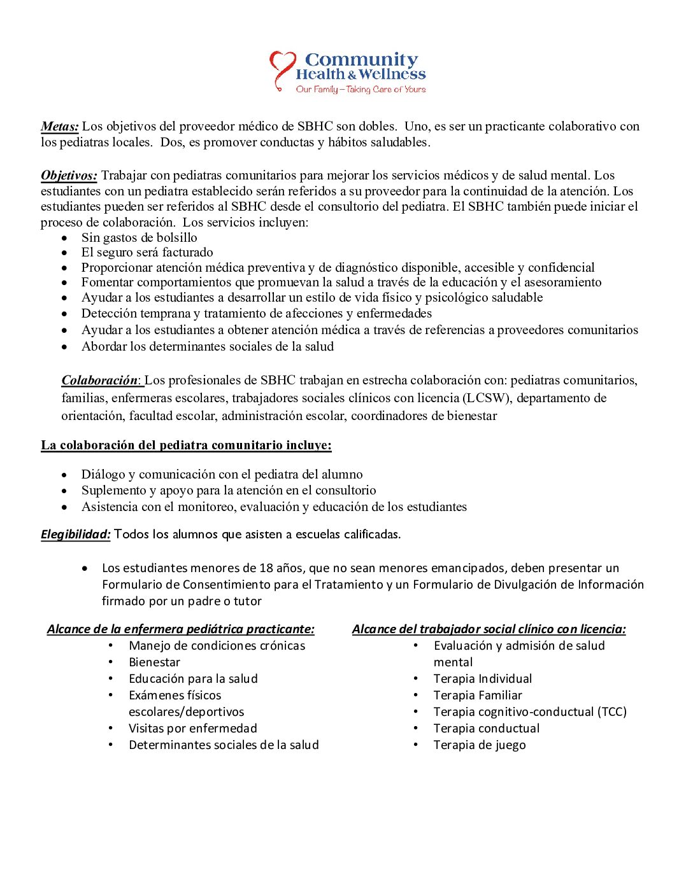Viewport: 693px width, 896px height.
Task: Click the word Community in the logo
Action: pos(361,60)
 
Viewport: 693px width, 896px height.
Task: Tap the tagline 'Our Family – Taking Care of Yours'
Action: pos(361,90)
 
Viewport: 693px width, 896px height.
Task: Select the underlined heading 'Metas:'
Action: pos(60,127)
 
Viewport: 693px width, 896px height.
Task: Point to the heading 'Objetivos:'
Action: pos(69,176)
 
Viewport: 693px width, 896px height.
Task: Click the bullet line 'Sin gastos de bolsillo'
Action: pos(139,237)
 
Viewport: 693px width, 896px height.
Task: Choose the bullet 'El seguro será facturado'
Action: pos(147,253)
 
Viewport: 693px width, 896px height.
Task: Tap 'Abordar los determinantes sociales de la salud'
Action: pos(207,347)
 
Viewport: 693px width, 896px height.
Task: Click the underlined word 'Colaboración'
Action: pos(99,381)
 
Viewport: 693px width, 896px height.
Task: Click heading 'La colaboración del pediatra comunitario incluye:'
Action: pos(186,445)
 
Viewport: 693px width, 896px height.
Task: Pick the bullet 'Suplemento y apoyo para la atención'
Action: pos(228,491)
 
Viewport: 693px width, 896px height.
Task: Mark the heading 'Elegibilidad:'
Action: pos(76,535)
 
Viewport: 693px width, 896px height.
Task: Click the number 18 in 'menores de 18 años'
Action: pos(266,568)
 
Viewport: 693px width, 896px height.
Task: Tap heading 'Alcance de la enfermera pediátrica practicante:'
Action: pos(181,629)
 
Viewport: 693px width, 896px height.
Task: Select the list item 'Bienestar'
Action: pos(154,662)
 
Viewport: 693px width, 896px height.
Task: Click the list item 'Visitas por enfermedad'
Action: pos(192,729)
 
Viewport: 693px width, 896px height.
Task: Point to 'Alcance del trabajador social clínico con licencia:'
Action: pos(489,629)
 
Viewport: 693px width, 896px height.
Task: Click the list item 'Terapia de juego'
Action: pos(480,745)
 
